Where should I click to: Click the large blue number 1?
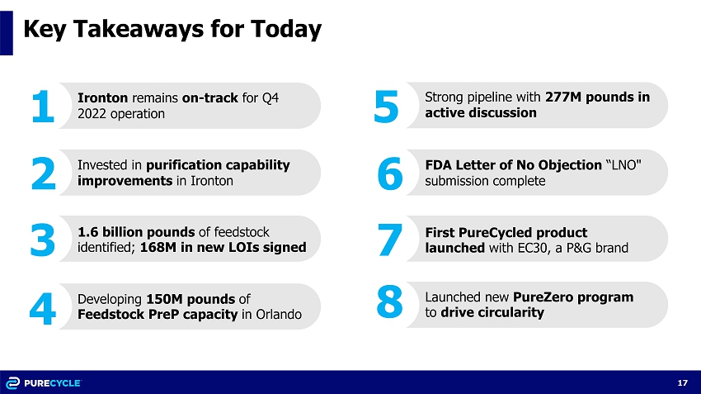tap(43, 106)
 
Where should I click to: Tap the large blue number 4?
tap(42, 308)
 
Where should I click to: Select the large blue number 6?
tap(390, 173)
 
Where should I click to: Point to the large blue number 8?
tap(389, 301)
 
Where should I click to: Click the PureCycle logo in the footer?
tap(44, 382)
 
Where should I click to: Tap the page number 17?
tap(682, 382)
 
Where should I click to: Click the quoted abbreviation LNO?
tap(623, 164)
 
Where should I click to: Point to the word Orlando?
tap(279, 315)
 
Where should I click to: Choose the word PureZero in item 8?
tap(541, 297)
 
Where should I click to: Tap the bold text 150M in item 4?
tap(164, 299)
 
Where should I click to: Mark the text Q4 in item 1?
tap(270, 98)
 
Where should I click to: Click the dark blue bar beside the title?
tap(7, 33)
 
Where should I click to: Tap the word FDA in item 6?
tap(438, 164)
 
